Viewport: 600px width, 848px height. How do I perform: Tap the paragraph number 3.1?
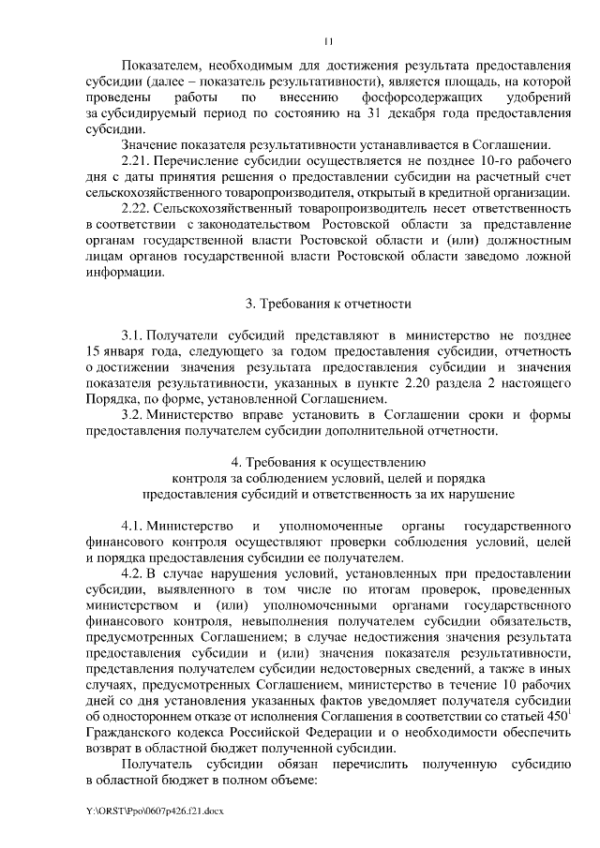pos(134,335)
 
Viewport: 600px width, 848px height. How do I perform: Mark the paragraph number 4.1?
pos(134,527)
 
